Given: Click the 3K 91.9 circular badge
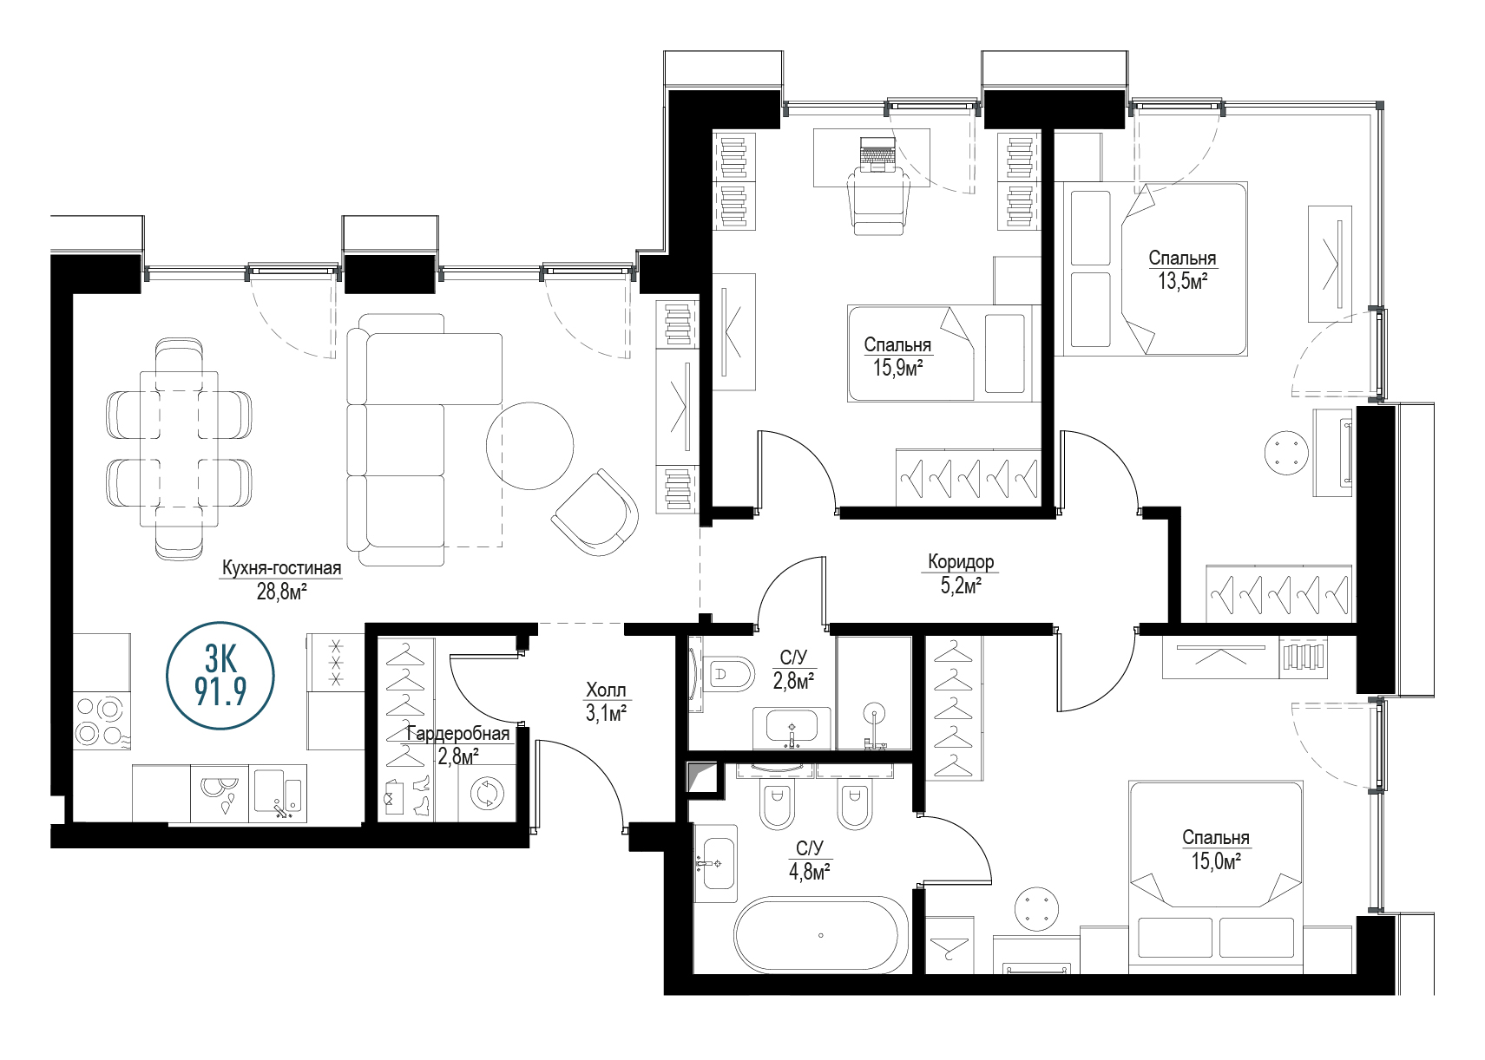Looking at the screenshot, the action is pyautogui.click(x=220, y=675).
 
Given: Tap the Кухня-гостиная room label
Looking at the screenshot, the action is pyautogui.click(x=282, y=568).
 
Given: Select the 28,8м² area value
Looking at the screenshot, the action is pyautogui.click(x=282, y=591).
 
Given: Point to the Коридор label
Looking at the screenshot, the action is pyautogui.click(x=961, y=562).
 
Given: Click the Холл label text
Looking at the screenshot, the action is pyautogui.click(x=606, y=690).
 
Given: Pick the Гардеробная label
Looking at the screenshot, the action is pyautogui.click(x=458, y=733).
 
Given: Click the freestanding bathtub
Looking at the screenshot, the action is pyautogui.click(x=821, y=935).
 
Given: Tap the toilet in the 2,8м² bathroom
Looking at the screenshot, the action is pyautogui.click(x=730, y=675).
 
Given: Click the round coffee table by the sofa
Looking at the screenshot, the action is pyautogui.click(x=529, y=446).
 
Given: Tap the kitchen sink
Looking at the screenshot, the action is pyautogui.click(x=279, y=793).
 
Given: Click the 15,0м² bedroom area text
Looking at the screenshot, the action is pyautogui.click(x=1216, y=861).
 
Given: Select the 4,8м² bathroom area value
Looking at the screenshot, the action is pyautogui.click(x=810, y=872).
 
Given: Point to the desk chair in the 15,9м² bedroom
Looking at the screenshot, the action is pyautogui.click(x=878, y=199).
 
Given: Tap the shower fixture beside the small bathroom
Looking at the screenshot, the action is pyautogui.click(x=875, y=728).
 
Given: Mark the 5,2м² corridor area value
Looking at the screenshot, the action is pyautogui.click(x=961, y=586).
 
